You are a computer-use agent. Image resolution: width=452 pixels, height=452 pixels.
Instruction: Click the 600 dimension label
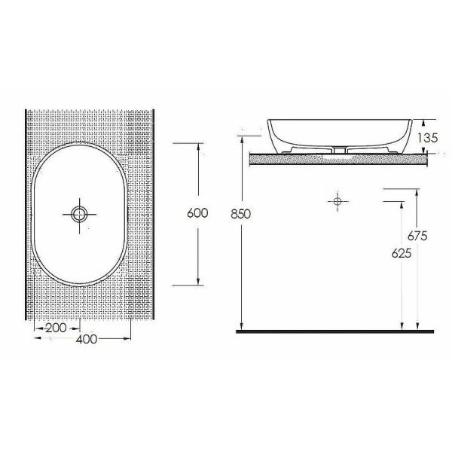click(x=197, y=213)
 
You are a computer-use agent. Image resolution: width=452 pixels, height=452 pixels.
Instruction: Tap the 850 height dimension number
click(x=241, y=214)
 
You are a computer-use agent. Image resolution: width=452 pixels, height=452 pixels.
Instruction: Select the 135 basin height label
click(x=428, y=138)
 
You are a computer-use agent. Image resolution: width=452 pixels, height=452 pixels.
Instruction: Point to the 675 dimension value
click(x=417, y=236)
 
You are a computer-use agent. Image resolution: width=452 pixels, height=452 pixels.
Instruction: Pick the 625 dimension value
click(x=402, y=253)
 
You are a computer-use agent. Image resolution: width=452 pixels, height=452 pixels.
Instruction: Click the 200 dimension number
click(x=56, y=328)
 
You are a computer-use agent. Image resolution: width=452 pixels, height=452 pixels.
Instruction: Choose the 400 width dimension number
click(x=87, y=339)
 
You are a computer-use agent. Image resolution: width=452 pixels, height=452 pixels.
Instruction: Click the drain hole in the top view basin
click(x=79, y=215)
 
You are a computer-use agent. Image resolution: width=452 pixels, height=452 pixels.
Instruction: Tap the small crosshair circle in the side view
click(x=337, y=201)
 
